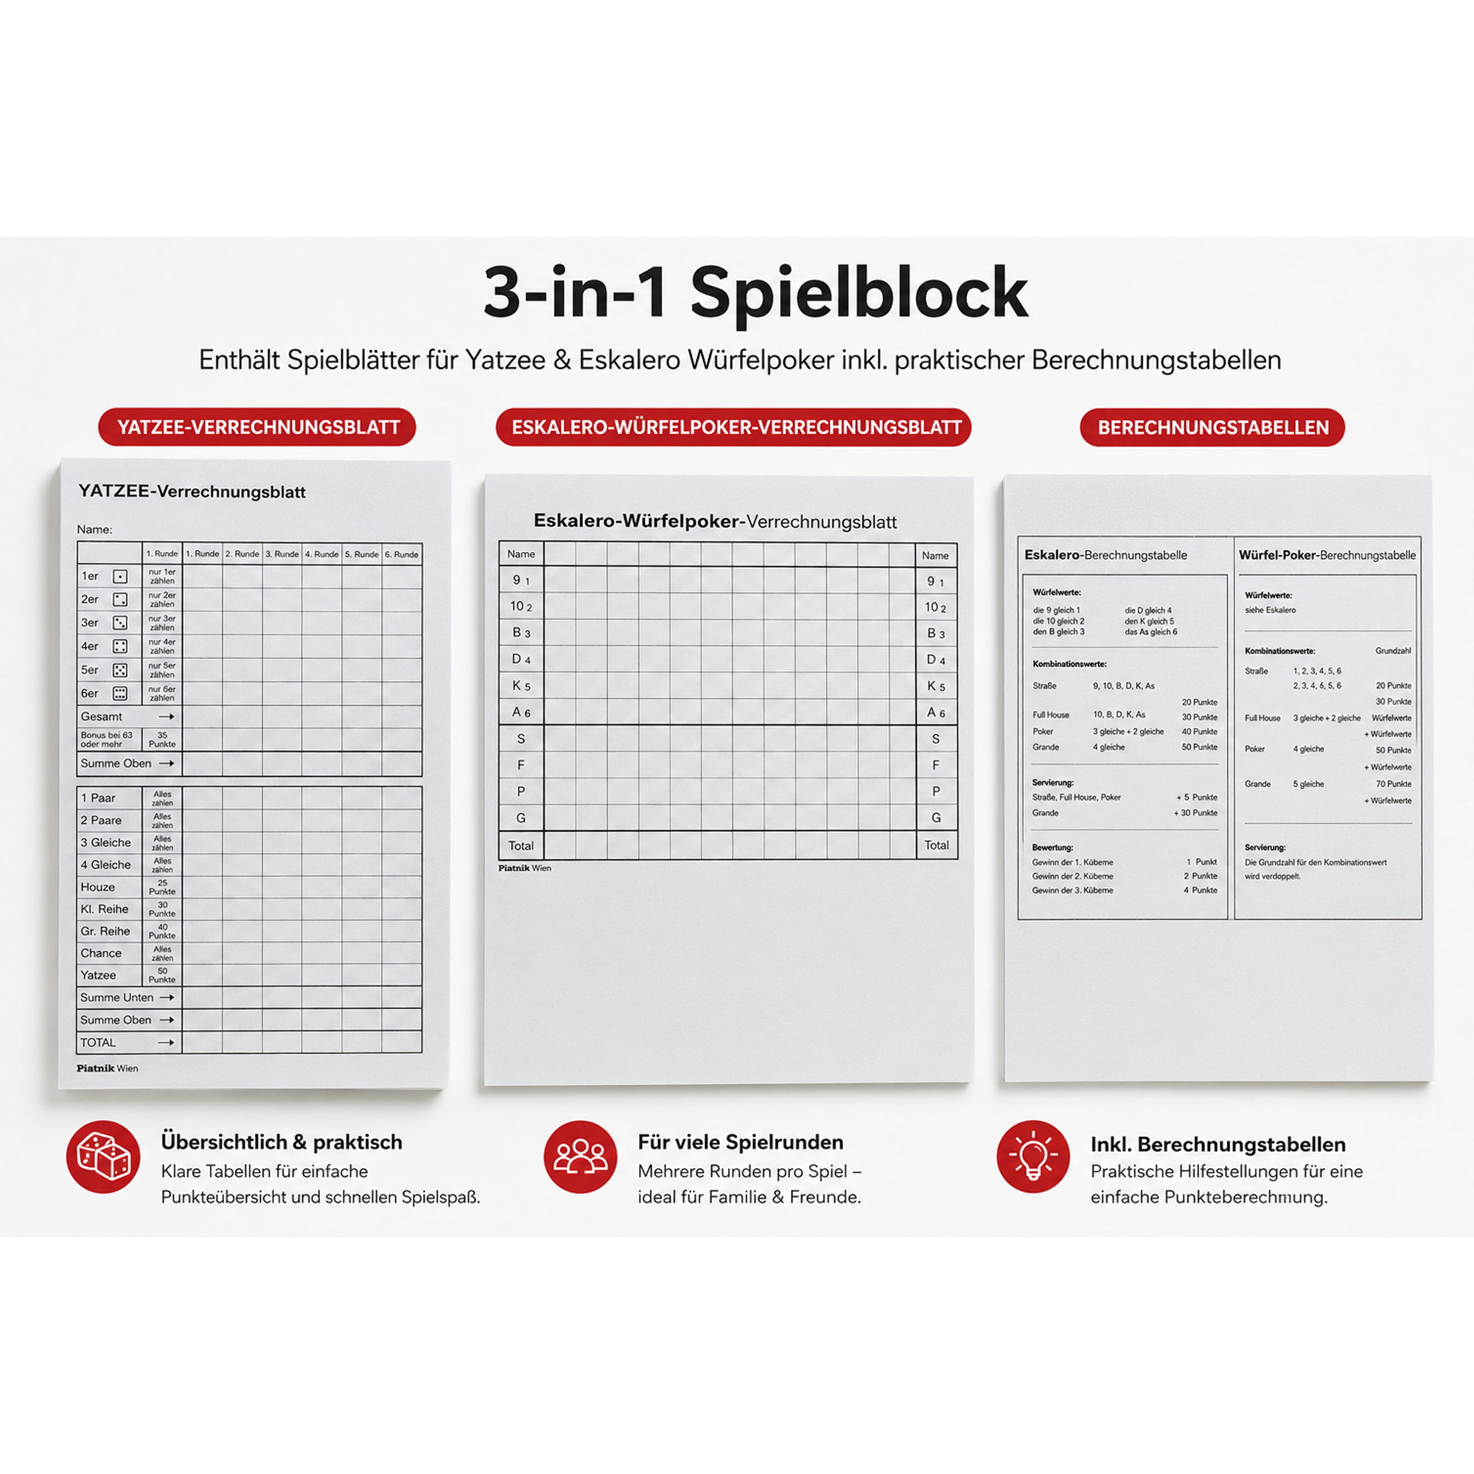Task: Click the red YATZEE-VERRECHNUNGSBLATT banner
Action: pos(257,427)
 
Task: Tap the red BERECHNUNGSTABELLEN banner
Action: pos(1212,427)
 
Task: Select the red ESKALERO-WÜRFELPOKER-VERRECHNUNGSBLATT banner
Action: pos(733,427)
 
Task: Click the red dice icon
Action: pos(103,1156)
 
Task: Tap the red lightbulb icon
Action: pos(1033,1156)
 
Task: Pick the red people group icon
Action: pos(580,1156)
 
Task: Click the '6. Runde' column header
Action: pos(402,554)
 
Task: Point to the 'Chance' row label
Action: pos(101,953)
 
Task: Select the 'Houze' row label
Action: pos(98,887)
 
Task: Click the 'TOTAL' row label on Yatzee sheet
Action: pos(98,1042)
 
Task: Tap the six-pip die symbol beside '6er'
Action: pos(120,694)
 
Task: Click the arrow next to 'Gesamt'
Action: pos(167,716)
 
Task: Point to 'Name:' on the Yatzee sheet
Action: pos(94,529)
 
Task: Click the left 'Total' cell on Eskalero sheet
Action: pos(521,845)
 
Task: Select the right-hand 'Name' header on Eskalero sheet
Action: pos(935,556)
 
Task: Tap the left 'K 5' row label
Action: pos(521,686)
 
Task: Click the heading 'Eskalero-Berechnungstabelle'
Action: pos(1105,555)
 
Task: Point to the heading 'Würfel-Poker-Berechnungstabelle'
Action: pos(1327,556)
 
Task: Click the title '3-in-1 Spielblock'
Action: pos(756,294)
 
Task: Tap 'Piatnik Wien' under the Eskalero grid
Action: pos(524,868)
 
